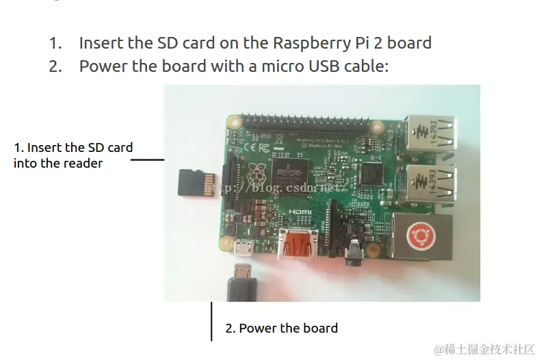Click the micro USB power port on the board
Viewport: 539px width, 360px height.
coord(243,249)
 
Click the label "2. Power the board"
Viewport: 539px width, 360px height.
coord(282,329)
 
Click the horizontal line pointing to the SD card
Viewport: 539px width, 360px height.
coord(147,160)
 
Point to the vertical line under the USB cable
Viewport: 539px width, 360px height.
coord(211,321)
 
